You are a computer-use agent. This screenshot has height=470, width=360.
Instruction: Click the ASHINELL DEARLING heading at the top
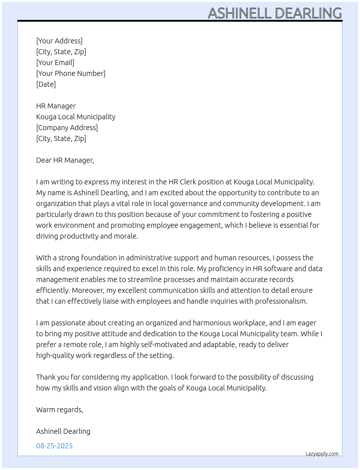[x=275, y=13]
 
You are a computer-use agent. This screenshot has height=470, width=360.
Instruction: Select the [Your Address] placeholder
[x=59, y=41]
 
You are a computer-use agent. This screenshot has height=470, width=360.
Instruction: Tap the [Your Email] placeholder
[x=55, y=63]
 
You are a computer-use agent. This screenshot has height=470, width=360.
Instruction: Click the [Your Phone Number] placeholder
[x=71, y=73]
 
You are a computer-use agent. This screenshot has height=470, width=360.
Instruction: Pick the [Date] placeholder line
[x=46, y=84]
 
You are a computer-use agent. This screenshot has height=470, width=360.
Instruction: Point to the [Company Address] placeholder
[x=67, y=128]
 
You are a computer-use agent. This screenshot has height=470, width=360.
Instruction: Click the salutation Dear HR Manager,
[x=65, y=160]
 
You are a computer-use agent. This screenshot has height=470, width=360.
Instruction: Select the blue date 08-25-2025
[x=55, y=446]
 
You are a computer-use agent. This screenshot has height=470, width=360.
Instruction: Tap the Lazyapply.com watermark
[x=322, y=454]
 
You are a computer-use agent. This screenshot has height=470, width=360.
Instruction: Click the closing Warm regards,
[x=60, y=410]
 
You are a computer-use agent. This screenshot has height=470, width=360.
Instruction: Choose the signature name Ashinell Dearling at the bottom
[x=63, y=431]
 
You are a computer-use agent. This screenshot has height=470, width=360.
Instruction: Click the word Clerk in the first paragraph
[x=188, y=182]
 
